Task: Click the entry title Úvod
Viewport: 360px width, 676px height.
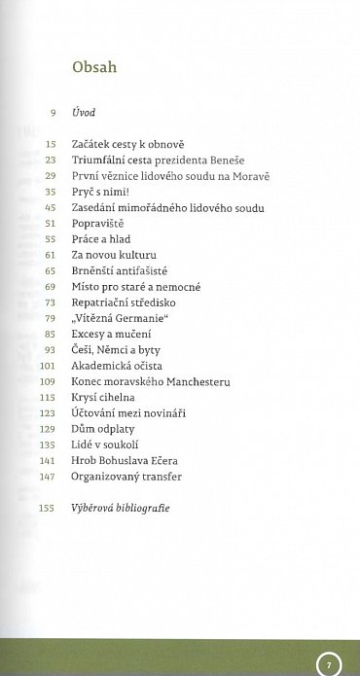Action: click(x=84, y=115)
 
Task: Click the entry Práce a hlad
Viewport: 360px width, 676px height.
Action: click(x=101, y=237)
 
